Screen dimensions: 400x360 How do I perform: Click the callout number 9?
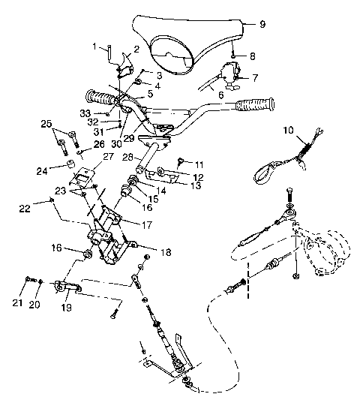tap(262, 25)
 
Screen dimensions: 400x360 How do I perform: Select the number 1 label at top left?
tap(95, 47)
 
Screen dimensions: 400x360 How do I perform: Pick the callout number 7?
tap(255, 77)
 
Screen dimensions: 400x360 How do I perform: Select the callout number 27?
tap(107, 157)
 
